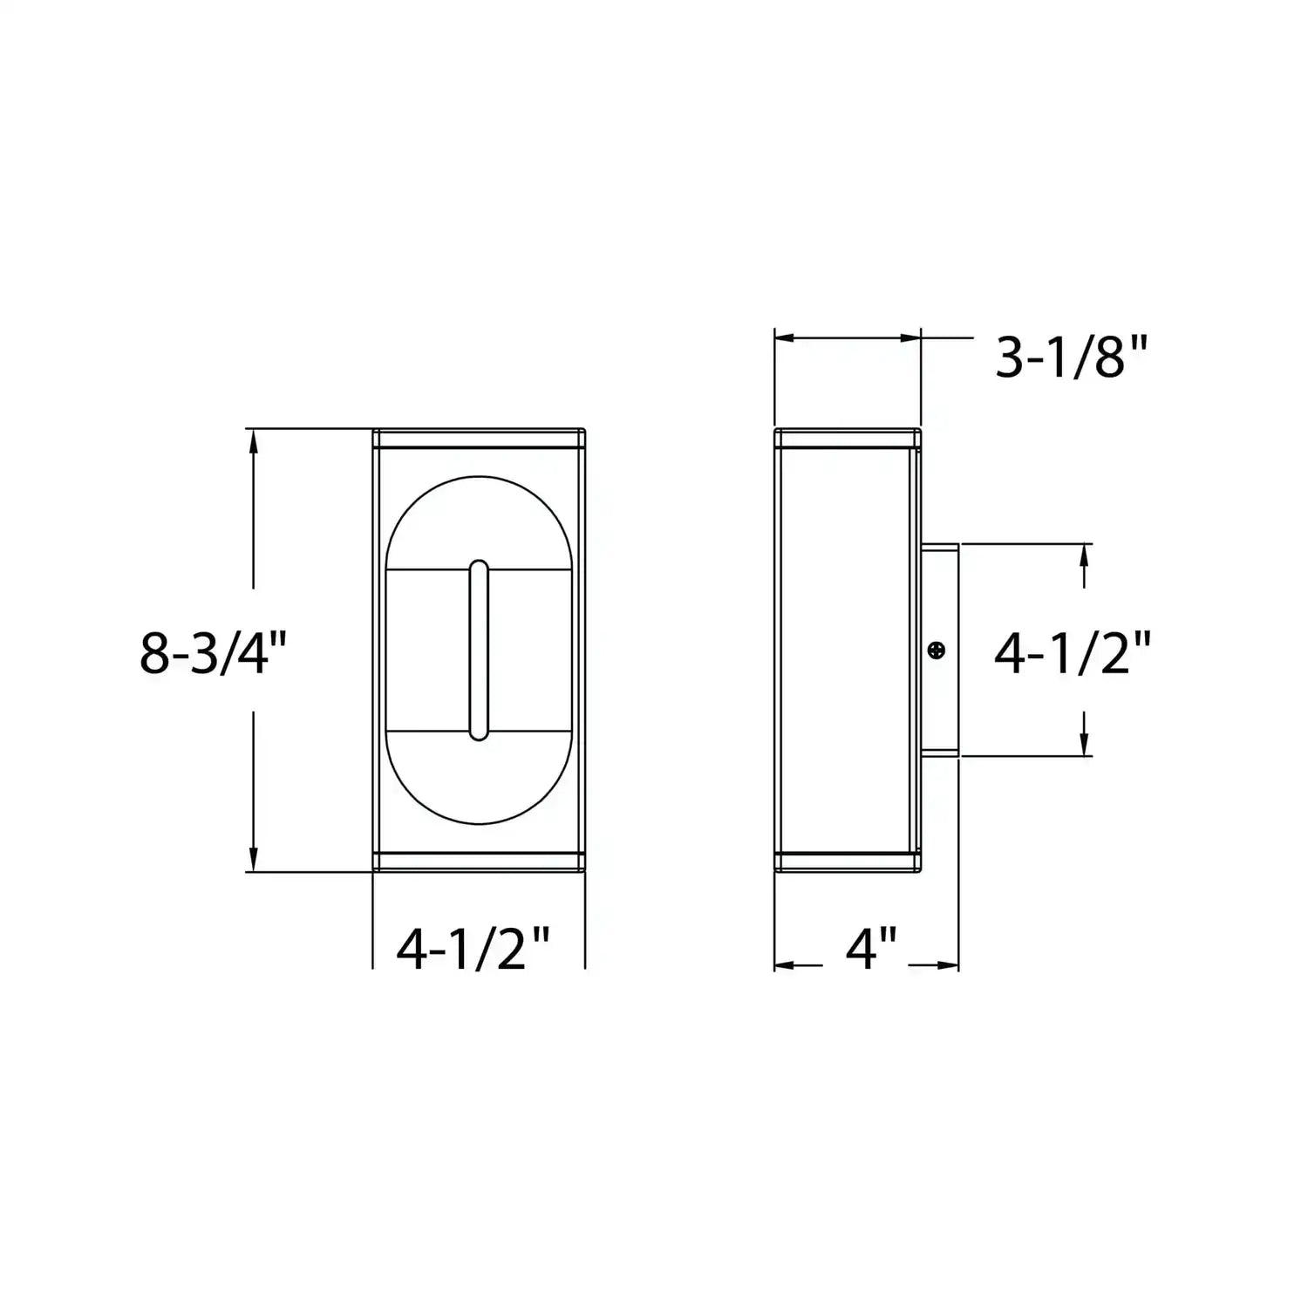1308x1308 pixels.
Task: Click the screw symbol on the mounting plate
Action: click(937, 650)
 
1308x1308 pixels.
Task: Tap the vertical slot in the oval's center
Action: click(479, 651)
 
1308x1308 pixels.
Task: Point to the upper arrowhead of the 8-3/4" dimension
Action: click(254, 439)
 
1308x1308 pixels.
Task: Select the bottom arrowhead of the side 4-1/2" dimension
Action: click(1084, 746)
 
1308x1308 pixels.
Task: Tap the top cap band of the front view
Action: click(479, 439)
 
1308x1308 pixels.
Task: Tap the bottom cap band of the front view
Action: click(479, 862)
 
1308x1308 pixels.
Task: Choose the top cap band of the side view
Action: click(848, 439)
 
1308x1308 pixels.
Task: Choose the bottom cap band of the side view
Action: click(848, 862)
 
